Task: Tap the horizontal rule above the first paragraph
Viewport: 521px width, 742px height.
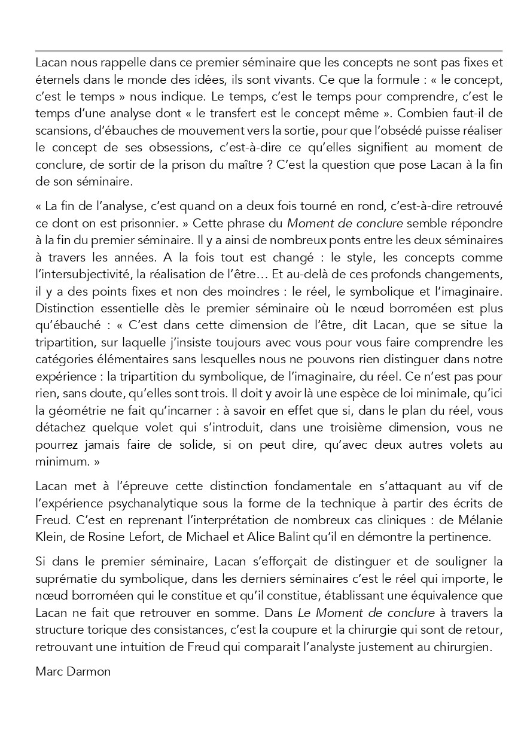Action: point(269,51)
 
